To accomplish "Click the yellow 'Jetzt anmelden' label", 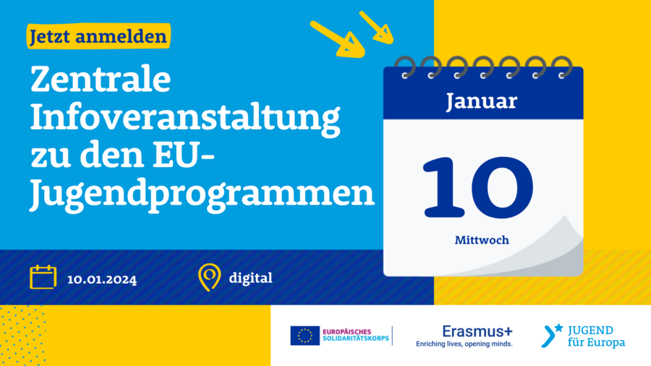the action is (x=98, y=36).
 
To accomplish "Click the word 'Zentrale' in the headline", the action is (x=101, y=80).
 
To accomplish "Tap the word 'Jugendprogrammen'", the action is (x=203, y=194).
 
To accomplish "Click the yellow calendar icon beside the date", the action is (x=43, y=277).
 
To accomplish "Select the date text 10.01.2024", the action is (x=102, y=280).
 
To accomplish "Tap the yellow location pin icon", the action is (x=210, y=277).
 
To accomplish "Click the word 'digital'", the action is (x=251, y=278).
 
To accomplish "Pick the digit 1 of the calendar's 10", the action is (x=443, y=187).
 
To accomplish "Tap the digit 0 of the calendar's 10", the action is (x=502, y=187).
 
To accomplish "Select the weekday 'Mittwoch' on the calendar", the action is (x=482, y=240).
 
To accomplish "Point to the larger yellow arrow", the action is (x=338, y=40).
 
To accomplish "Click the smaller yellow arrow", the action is (x=376, y=27).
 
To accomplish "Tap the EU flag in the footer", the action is (x=305, y=336).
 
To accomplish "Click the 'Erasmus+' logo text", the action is (x=477, y=331).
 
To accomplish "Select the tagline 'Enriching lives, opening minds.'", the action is (x=464, y=344).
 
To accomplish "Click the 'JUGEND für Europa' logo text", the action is (x=596, y=336).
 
